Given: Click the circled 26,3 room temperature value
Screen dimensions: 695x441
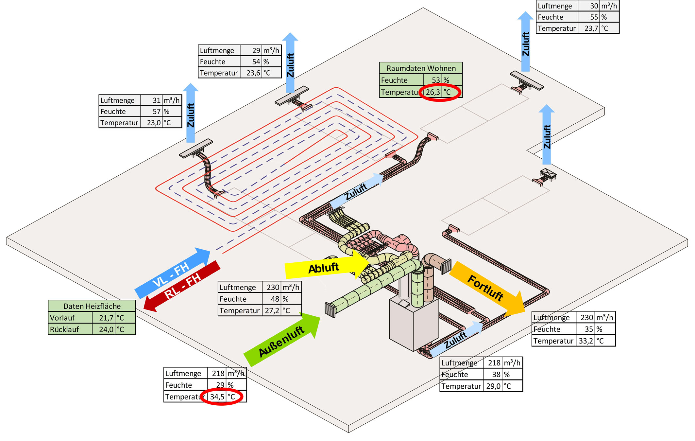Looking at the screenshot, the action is [432, 92].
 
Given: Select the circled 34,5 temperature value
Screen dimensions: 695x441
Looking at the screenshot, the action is [217, 397].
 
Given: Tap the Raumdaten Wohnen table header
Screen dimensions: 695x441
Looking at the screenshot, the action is [421, 68].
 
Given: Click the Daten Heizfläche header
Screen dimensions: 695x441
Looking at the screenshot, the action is [92, 306].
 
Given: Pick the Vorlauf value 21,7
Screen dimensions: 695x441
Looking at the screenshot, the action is [106, 318].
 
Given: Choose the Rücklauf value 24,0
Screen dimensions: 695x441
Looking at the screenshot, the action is [106, 329].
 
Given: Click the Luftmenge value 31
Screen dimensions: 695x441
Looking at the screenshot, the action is [157, 100].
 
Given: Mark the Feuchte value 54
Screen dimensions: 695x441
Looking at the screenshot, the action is [256, 62].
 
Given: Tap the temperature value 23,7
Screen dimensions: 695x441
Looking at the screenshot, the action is [591, 28].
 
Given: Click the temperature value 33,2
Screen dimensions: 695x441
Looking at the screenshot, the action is [586, 341].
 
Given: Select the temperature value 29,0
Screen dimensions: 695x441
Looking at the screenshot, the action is [493, 386].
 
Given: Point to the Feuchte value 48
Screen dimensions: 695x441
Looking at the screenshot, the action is [275, 299].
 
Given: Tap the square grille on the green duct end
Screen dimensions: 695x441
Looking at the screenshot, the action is [330, 310].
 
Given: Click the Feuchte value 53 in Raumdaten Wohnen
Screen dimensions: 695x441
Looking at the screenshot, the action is [436, 80].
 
